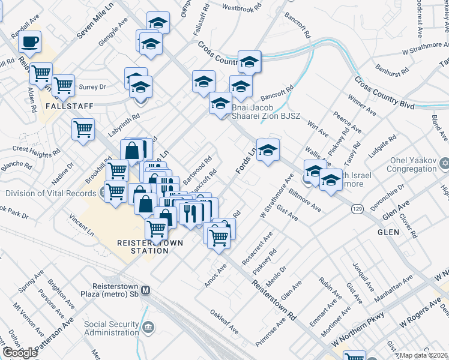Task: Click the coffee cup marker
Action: (x=29, y=42)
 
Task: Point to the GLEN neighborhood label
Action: (x=387, y=231)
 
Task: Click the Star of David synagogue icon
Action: (x=444, y=163)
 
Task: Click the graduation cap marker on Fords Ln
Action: (x=268, y=150)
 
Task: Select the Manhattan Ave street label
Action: (x=394, y=289)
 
